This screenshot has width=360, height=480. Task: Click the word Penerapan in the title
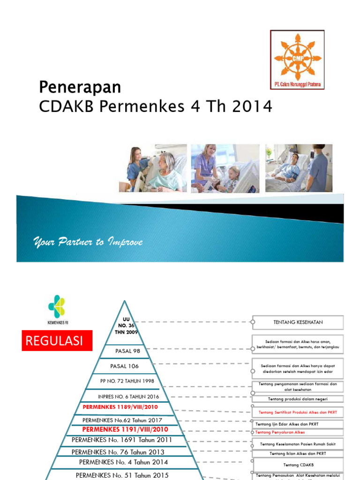pyautogui.click(x=79, y=87)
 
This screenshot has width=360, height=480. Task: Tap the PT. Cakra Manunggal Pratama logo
pyautogui.click(x=297, y=60)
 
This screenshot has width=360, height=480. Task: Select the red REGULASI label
pyautogui.click(x=57, y=341)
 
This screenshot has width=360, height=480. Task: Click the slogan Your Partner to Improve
pyautogui.click(x=88, y=242)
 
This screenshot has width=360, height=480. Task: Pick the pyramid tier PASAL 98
pyautogui.click(x=127, y=351)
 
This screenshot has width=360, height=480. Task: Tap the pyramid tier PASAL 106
pyautogui.click(x=124, y=366)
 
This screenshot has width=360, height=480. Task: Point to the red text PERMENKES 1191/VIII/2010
pyautogui.click(x=125, y=429)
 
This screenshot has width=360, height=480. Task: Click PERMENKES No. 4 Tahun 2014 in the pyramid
pyautogui.click(x=124, y=462)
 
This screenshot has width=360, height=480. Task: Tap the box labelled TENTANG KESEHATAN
pyautogui.click(x=298, y=322)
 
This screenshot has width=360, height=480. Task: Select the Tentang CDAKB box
pyautogui.click(x=298, y=465)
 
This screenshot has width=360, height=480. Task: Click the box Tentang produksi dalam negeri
pyautogui.click(x=298, y=399)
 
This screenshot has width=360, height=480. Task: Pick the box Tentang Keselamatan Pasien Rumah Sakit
pyautogui.click(x=298, y=444)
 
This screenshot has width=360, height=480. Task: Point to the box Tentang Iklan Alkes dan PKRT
pyautogui.click(x=298, y=453)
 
